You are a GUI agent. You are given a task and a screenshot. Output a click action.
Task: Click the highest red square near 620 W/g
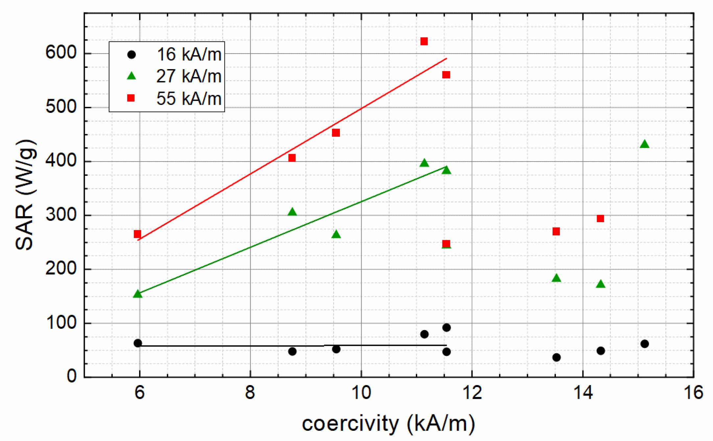pyautogui.click(x=424, y=41)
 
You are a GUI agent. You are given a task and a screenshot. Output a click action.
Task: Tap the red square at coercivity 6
pyautogui.click(x=137, y=234)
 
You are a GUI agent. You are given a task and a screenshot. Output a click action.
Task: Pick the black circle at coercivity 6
pyautogui.click(x=138, y=343)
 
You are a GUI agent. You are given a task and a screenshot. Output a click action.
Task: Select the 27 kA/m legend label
pyautogui.click(x=189, y=76)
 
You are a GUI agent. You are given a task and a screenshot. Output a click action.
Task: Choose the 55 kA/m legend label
pyautogui.click(x=189, y=98)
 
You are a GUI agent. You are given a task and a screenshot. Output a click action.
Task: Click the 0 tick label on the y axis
pyautogui.click(x=72, y=376)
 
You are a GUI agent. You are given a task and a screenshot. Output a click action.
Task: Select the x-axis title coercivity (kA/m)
pyautogui.click(x=388, y=424)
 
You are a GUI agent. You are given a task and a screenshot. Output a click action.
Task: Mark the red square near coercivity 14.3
pyautogui.click(x=600, y=219)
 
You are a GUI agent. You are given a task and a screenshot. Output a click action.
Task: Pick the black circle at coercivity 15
pyautogui.click(x=644, y=344)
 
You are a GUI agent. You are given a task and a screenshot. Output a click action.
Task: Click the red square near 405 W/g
pyautogui.click(x=292, y=158)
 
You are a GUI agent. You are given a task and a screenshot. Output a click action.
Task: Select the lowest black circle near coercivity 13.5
pyautogui.click(x=556, y=357)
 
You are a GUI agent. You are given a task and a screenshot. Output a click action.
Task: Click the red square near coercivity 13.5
pyautogui.click(x=556, y=232)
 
